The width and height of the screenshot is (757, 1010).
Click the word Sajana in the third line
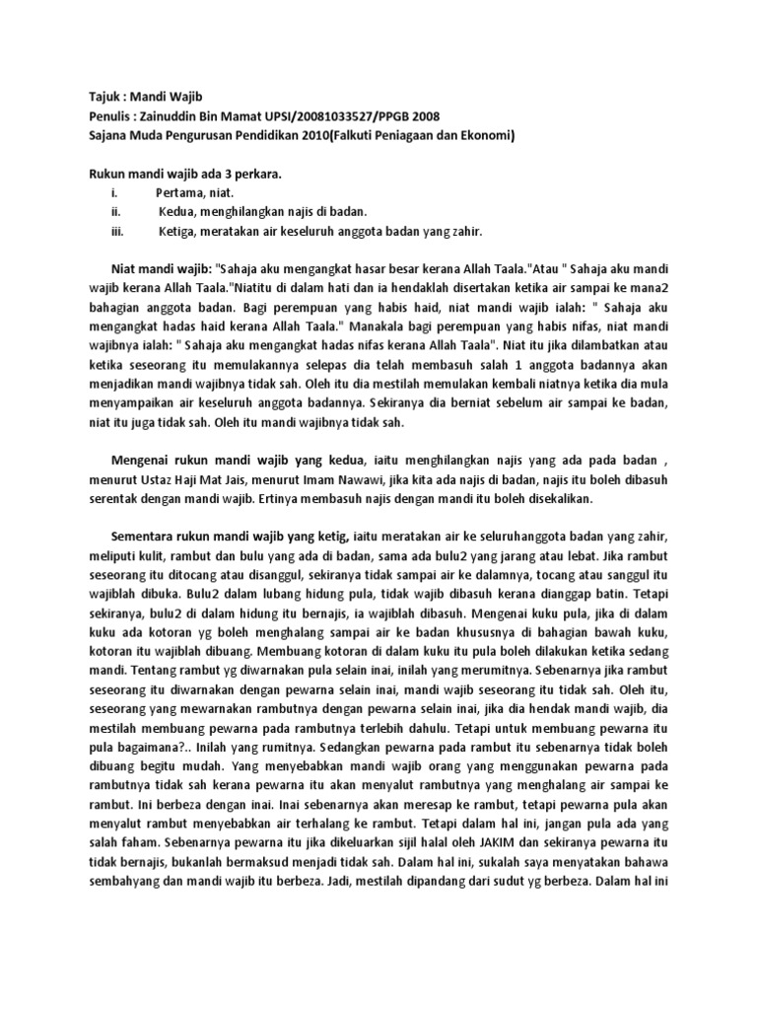tap(102, 135)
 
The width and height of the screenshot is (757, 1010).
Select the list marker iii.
tap(116, 232)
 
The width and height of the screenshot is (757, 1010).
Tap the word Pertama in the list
tap(181, 193)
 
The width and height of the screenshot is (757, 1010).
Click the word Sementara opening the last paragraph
tap(144, 539)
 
